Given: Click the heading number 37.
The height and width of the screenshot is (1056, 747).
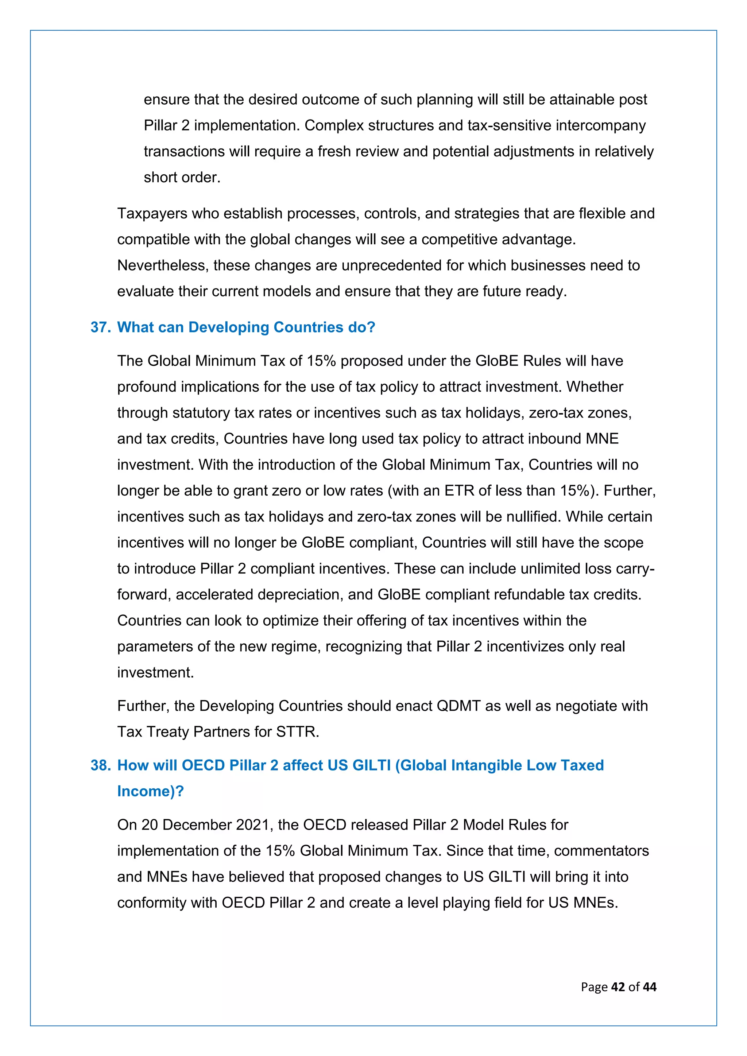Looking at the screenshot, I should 100,327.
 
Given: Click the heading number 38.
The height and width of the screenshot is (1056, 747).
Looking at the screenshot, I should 100,765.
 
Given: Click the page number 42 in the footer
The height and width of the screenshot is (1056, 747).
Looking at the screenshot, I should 618,987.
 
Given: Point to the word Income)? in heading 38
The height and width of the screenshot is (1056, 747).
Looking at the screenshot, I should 150,791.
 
